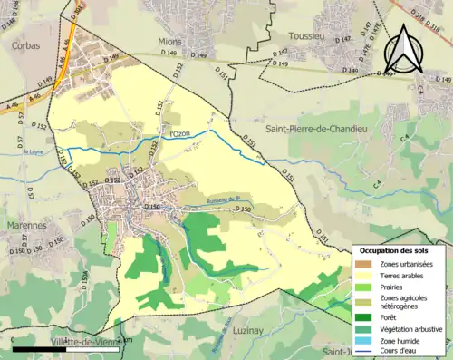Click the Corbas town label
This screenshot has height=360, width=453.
pos(24,43)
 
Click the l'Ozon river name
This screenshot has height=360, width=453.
pos(181,135)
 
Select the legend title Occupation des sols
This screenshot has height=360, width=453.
pos(400,250)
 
